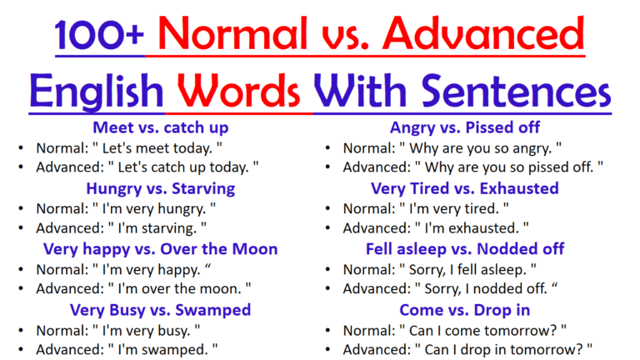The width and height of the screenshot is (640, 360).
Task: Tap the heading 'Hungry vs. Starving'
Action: click(161, 188)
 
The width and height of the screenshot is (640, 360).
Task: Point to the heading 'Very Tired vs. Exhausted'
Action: click(465, 188)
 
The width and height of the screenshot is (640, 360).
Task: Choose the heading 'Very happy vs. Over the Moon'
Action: click(161, 249)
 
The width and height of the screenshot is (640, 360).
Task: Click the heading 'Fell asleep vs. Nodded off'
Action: click(465, 249)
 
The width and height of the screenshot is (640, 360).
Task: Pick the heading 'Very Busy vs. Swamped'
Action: click(161, 310)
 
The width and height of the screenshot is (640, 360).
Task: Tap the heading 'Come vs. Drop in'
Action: click(465, 310)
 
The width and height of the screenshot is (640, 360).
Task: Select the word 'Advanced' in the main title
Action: click(492, 36)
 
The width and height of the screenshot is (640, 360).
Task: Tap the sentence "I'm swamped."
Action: click(158, 350)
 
